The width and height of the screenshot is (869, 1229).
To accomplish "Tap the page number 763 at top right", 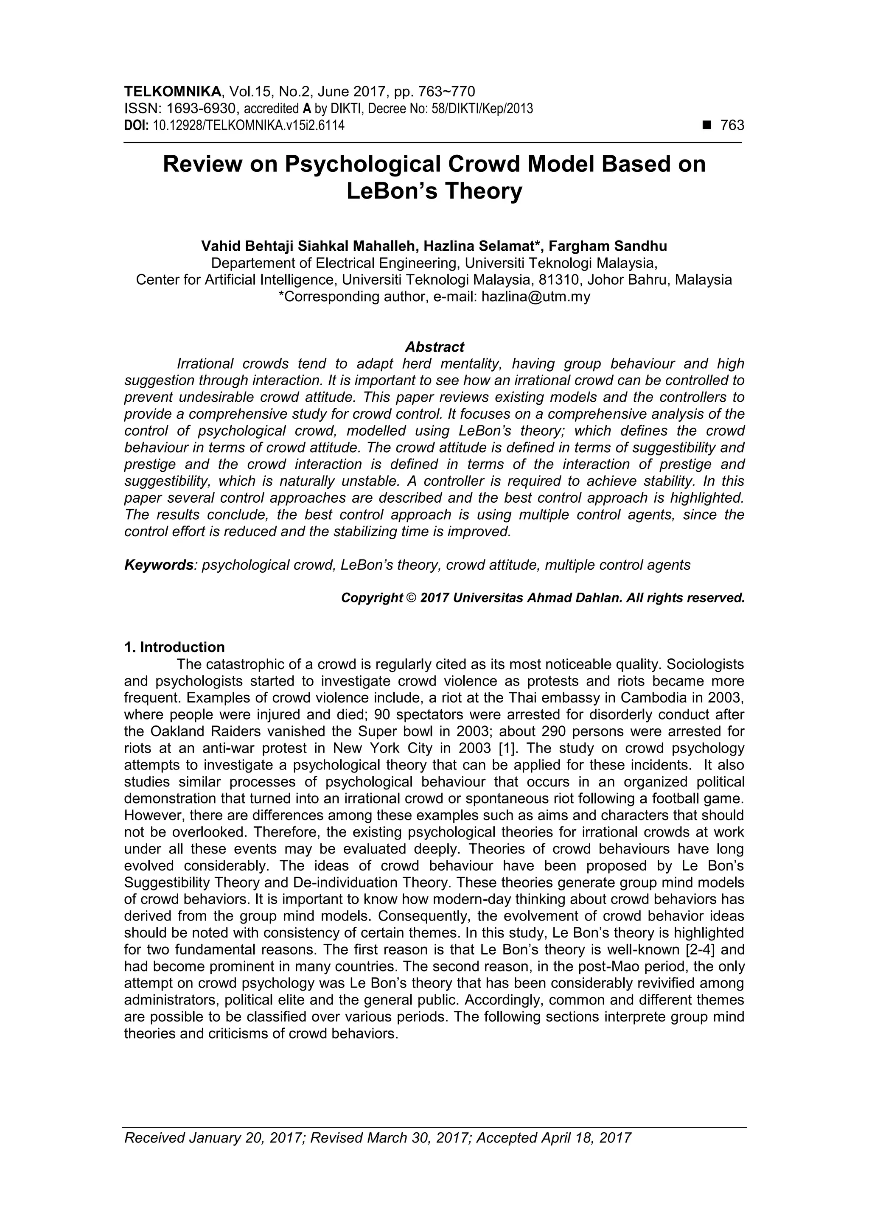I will [732, 125].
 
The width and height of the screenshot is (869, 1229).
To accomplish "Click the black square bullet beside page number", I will [707, 125].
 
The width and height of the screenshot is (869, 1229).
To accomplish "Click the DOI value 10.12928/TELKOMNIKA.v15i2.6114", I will [249, 125].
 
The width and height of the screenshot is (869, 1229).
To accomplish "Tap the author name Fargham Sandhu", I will [608, 246].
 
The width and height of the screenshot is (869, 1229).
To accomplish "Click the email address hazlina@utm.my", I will [536, 297].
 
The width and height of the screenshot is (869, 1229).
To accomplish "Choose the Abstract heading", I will [434, 347].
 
